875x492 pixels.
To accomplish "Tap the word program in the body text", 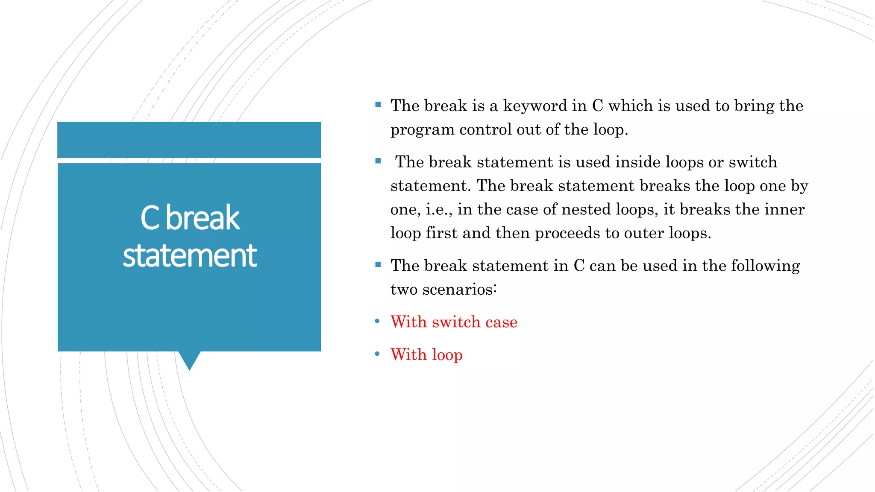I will [x=423, y=130].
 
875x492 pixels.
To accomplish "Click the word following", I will [x=765, y=266].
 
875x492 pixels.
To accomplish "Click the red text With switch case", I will [x=454, y=322].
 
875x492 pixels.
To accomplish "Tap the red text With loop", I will [x=426, y=354].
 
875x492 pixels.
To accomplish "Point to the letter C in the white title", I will [x=150, y=218].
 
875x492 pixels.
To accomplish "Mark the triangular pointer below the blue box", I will [x=189, y=360].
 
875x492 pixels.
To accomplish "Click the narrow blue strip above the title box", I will [x=189, y=140].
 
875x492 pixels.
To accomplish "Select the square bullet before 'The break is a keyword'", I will [x=378, y=105].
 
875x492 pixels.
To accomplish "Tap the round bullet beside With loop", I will [x=377, y=354].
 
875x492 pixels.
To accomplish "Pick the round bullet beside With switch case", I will [x=377, y=321].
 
